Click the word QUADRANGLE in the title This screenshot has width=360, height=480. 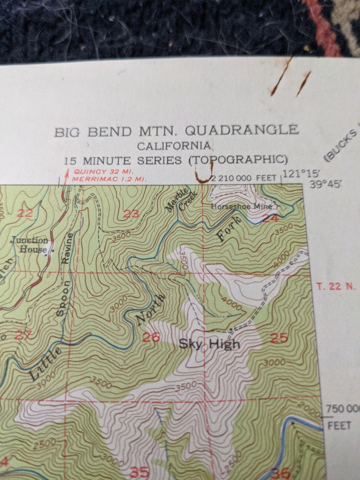[242, 131]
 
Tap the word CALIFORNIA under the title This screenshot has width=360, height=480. [174, 146]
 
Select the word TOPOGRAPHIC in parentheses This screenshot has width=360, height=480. [238, 160]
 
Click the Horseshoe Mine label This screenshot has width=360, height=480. [242, 206]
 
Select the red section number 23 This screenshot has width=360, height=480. [131, 214]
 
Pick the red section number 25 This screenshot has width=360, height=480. [279, 338]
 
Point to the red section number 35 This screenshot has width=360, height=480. [139, 473]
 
